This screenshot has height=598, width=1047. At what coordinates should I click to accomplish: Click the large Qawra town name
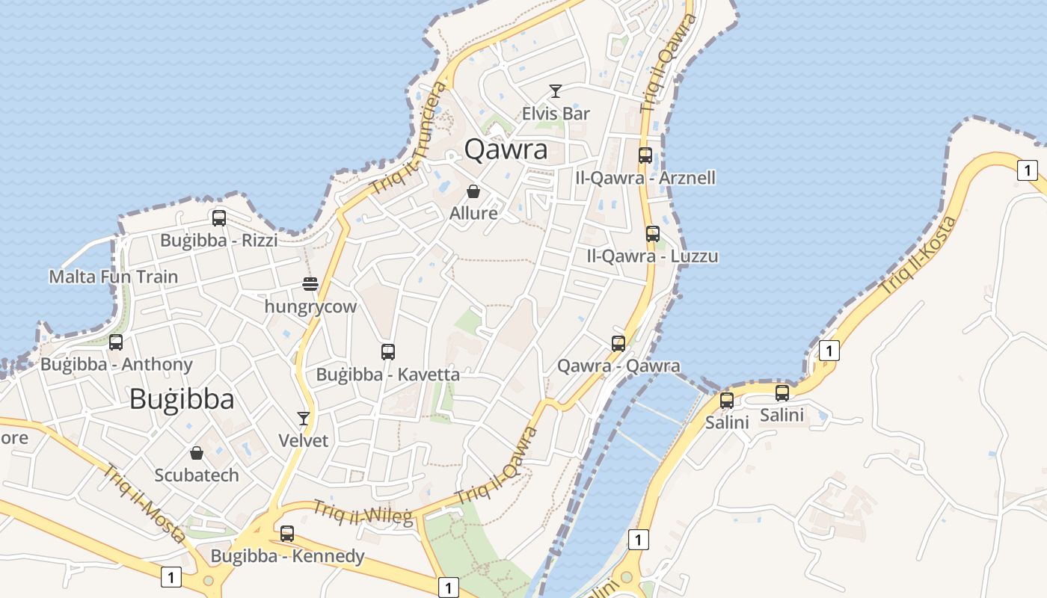506,149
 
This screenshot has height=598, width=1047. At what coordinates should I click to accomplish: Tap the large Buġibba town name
182,399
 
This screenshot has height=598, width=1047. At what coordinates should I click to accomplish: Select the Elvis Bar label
556,114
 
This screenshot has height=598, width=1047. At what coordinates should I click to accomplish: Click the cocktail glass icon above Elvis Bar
555,91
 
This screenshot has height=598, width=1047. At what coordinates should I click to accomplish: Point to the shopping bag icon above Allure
473,191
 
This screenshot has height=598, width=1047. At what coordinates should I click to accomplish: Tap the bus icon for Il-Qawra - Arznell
645,155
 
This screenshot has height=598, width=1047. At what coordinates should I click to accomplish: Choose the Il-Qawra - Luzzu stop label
653,256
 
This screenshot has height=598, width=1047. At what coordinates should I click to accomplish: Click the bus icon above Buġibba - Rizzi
219,218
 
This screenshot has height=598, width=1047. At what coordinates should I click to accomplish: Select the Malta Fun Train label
114,277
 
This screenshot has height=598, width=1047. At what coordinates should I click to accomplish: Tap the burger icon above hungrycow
310,284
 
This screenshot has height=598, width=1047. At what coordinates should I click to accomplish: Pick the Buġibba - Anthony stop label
117,365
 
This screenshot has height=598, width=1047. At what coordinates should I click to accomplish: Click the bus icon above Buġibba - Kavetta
387,351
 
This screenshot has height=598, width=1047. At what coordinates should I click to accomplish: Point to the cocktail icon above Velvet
304,418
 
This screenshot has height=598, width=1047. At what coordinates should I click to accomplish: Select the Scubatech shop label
197,475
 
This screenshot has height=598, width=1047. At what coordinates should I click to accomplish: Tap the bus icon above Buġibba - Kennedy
287,534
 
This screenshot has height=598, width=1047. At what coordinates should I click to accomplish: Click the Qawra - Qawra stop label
619,366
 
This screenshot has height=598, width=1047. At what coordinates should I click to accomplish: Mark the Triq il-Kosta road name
918,254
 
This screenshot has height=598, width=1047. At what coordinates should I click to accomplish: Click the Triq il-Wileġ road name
363,513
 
